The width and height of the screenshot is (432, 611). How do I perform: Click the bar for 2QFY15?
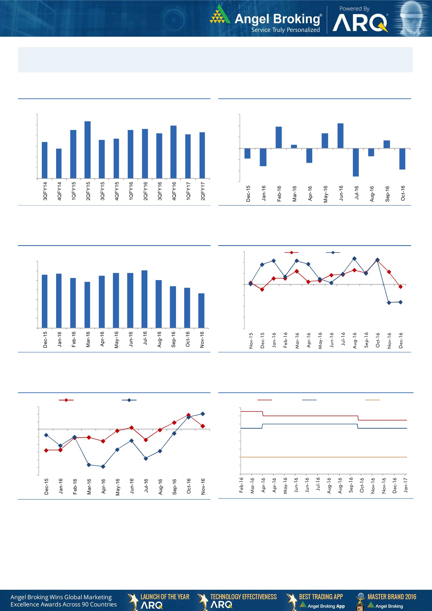pos(88,150)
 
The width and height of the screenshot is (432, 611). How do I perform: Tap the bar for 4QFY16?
pos(173,152)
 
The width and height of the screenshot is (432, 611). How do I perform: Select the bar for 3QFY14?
pos(45,160)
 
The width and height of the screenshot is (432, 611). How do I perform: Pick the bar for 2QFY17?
pos(202,155)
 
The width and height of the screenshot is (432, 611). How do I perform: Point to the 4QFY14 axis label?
pos(59,191)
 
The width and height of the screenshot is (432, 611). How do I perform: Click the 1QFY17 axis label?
pos(188,191)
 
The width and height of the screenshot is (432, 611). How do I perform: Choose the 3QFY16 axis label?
pos(160,191)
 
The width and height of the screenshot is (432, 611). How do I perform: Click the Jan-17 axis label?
pos(406,485)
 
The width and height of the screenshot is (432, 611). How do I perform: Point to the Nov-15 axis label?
pos(251,340)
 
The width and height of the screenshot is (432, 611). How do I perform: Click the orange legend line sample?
pos(372,400)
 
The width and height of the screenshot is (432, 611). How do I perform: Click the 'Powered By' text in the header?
pos(354,9)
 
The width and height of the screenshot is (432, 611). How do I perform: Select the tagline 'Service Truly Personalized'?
pos(285,30)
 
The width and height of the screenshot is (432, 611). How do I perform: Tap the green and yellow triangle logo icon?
pos(220,15)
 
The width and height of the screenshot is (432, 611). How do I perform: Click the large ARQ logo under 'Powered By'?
pos(360,23)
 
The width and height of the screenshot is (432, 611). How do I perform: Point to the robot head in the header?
pos(413,17)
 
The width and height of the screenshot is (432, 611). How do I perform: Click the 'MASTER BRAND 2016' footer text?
pos(392,597)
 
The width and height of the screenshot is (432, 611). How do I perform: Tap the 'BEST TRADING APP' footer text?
pos(321,597)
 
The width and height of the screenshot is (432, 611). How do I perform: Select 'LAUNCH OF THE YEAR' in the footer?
pos(165,597)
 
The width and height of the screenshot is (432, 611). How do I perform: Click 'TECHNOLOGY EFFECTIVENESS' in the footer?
pos(243,597)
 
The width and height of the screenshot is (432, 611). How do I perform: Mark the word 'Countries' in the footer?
pos(103,604)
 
